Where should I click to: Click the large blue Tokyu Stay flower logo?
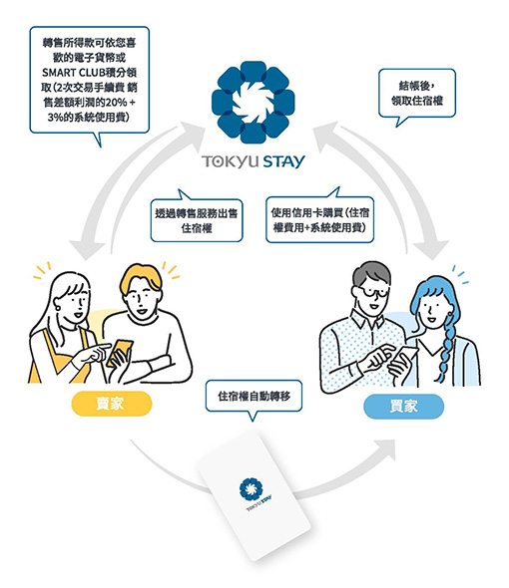[x=253, y=102]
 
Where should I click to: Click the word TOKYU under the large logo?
[x=231, y=161]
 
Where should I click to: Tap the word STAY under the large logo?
[x=283, y=161]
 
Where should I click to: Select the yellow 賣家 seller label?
[x=112, y=404]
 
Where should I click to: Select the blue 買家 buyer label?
[x=404, y=407]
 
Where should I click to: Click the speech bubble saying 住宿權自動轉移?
[x=254, y=397]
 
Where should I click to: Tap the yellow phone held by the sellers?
[x=120, y=353]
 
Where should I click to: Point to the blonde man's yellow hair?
[x=141, y=277]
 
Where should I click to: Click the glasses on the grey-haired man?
[x=370, y=291]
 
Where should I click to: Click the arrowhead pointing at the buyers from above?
[x=432, y=249]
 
